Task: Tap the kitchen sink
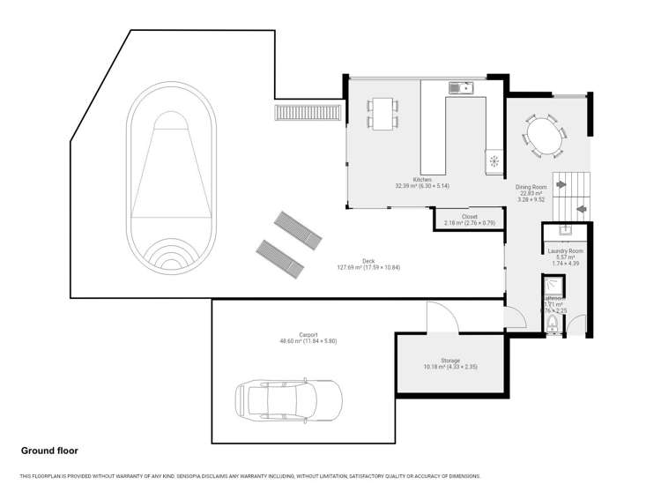[x=460, y=87]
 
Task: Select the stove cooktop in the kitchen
[x=494, y=161]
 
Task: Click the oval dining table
[x=547, y=138]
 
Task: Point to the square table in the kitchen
[x=382, y=113]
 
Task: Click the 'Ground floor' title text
[x=49, y=451]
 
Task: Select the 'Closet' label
[x=469, y=216]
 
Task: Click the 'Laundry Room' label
[x=565, y=251]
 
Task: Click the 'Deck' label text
[x=368, y=261]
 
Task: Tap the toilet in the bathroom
[x=552, y=327]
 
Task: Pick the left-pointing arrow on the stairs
[x=581, y=209]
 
